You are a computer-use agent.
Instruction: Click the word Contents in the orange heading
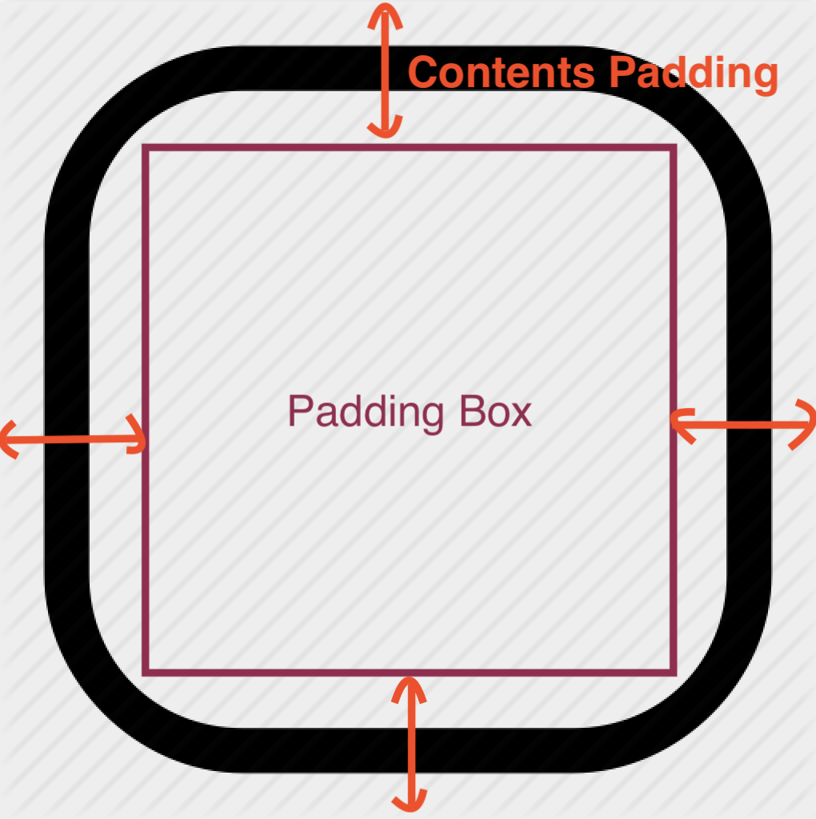tap(502, 73)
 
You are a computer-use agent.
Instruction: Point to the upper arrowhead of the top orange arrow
tap(386, 11)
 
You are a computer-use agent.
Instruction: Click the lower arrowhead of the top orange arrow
tap(385, 130)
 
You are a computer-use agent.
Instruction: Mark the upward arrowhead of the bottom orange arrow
tap(410, 685)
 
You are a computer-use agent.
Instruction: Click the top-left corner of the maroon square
tap(146, 147)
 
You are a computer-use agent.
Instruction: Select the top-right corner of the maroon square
tap(674, 147)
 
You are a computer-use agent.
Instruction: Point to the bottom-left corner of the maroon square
tap(146, 672)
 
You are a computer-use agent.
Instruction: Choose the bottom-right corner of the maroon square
tap(674, 672)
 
